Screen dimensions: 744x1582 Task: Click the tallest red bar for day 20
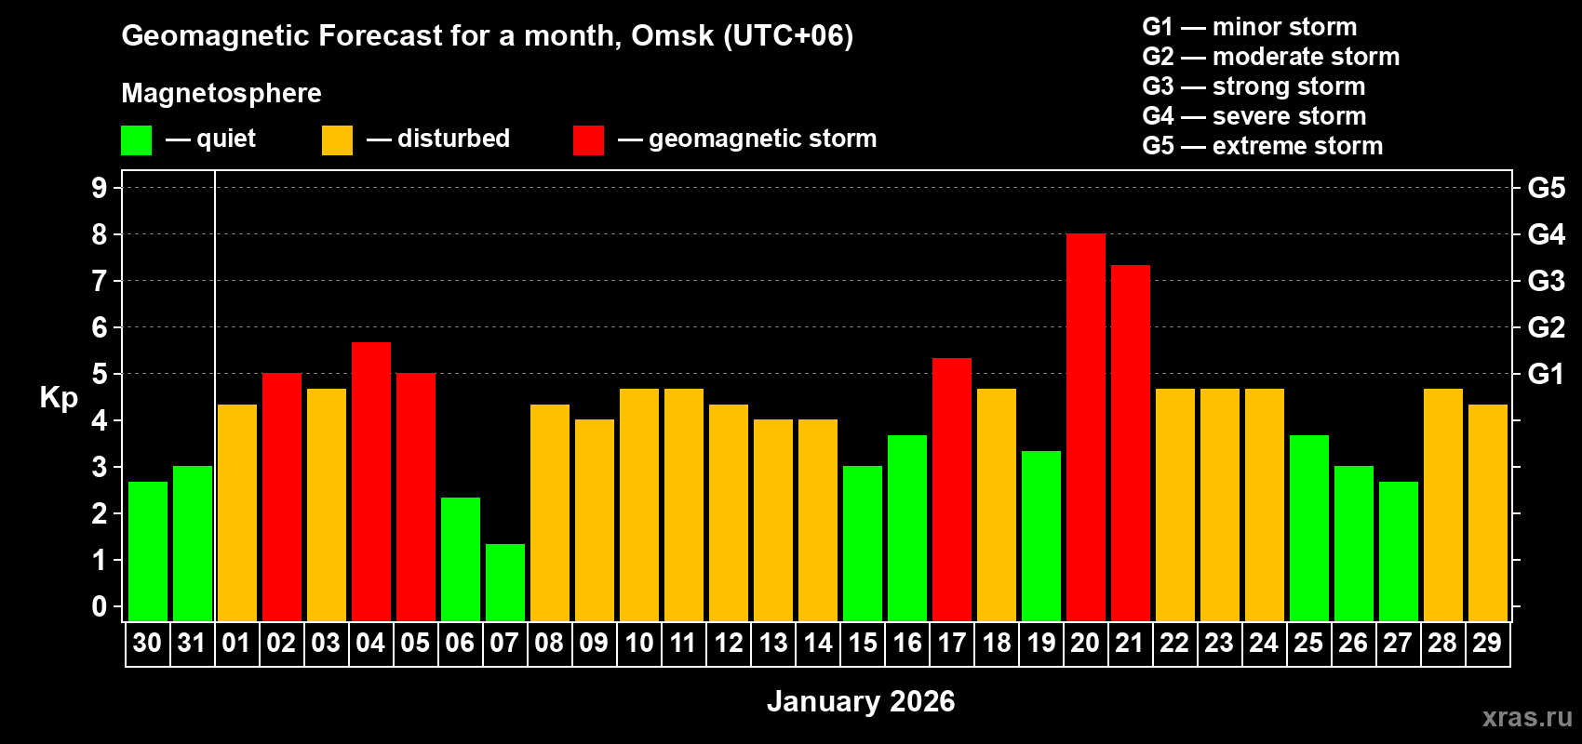pos(1086,428)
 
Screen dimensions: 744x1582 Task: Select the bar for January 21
pos(1131,443)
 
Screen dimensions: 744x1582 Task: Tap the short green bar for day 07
pos(505,582)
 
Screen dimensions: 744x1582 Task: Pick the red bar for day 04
pos(371,482)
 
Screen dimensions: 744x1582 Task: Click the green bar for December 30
pos(148,551)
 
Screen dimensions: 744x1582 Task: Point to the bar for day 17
pos(952,489)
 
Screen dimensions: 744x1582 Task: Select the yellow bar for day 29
pos(1488,512)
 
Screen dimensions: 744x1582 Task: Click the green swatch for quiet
pos(137,140)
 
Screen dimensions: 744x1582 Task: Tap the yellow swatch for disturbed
pos(337,140)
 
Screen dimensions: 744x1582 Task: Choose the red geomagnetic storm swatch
pos(588,140)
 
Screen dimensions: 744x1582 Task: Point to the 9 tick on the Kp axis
pos(100,188)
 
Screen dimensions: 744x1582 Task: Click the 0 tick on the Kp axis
pos(100,607)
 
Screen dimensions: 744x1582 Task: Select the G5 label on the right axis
pos(1546,188)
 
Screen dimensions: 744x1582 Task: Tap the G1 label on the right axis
pos(1546,374)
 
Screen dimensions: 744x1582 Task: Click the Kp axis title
pos(59,398)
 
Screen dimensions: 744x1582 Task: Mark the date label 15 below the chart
pos(863,643)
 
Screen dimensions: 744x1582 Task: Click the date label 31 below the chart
pos(192,643)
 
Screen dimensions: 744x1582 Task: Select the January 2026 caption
pos(861,701)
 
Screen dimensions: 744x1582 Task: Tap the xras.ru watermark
pos(1527,717)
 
